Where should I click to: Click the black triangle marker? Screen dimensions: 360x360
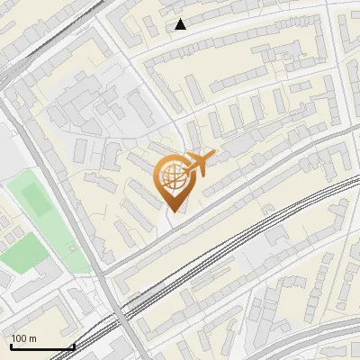pos(181,24)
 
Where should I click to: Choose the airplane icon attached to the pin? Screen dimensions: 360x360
pos(200,164)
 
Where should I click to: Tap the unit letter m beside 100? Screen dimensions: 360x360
pos(33,338)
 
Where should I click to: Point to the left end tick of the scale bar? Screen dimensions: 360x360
pos(11,345)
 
